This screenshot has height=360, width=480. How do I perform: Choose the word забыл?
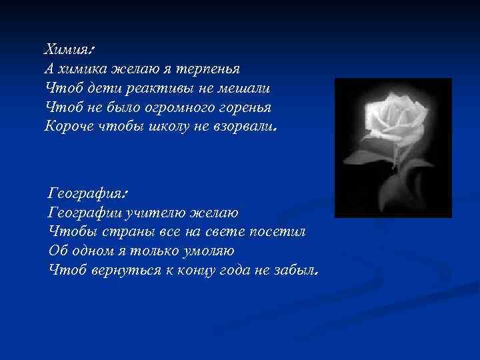(x=294, y=270)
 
